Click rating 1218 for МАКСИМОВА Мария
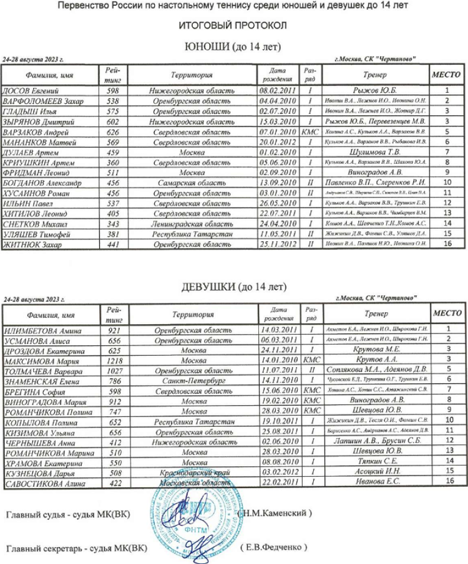pyautogui.click(x=115, y=360)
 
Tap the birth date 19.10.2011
pyautogui.click(x=278, y=422)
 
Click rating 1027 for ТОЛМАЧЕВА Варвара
pyautogui.click(x=115, y=370)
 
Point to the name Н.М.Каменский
pyautogui.click(x=275, y=514)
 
